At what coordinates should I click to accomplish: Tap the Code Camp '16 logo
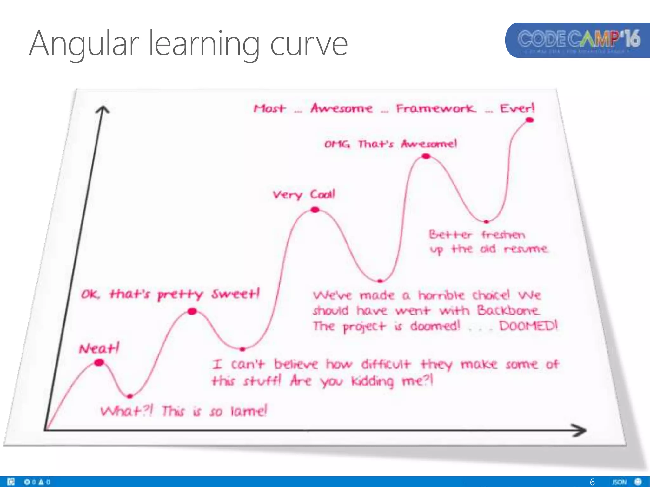578,40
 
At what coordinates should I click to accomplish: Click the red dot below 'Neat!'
99,362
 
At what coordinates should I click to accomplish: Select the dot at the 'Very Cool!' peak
315,210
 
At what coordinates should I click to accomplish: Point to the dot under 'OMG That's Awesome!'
426,156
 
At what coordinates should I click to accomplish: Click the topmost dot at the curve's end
530,120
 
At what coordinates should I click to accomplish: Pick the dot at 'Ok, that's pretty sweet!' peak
192,311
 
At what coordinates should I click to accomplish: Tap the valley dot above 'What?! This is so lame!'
129,396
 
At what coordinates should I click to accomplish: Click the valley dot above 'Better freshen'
486,222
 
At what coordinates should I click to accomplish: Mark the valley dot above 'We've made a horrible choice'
380,281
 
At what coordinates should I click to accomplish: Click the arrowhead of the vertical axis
103,110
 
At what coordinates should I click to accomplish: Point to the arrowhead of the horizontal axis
581,430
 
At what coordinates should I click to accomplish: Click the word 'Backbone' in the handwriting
508,310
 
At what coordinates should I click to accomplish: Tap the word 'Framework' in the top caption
436,108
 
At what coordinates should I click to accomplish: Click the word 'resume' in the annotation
526,249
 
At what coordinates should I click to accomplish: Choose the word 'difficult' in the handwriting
386,364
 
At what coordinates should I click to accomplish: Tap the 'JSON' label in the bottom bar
619,482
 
